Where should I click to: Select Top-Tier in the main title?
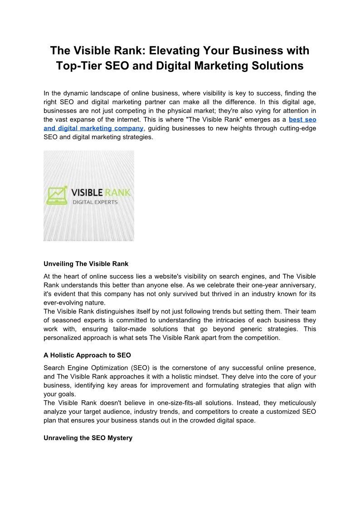pyautogui.click(x=78, y=66)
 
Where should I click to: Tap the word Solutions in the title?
pyautogui.click(x=275, y=66)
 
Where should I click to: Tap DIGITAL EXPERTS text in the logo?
pyautogui.click(x=95, y=202)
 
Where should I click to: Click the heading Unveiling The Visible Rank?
pyautogui.click(x=86, y=264)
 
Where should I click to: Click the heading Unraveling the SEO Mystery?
pyautogui.click(x=88, y=438)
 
